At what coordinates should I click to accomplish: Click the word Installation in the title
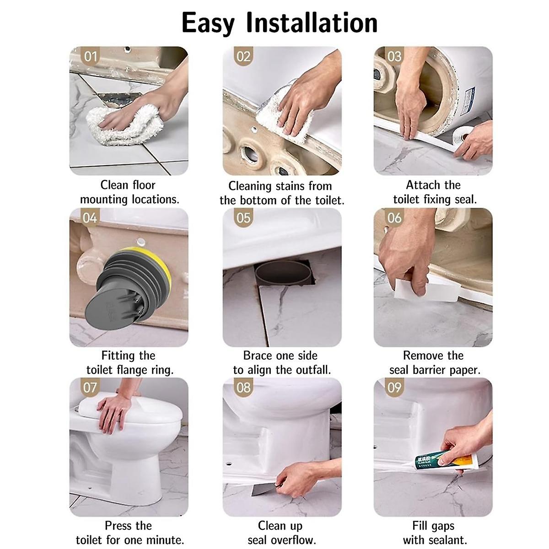[312, 22]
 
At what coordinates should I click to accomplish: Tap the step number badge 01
[91, 56]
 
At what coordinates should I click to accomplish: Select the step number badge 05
[243, 218]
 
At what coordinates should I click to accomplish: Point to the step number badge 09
[394, 388]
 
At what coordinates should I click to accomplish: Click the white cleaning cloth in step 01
[125, 125]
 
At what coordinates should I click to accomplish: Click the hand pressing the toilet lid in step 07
[114, 410]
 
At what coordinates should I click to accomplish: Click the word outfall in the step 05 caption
[313, 370]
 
